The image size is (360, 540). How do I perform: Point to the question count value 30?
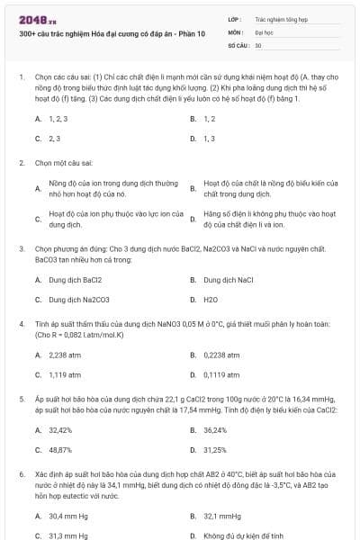pyautogui.click(x=258, y=44)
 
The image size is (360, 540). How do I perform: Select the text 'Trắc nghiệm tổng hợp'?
pyautogui.click(x=280, y=18)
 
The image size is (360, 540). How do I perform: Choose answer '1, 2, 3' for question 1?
pyautogui.click(x=59, y=118)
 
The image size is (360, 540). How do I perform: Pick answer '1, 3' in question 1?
pyautogui.click(x=209, y=139)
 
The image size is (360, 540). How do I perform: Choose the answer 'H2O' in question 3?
pyautogui.click(x=211, y=299)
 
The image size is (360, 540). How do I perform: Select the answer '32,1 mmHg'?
pyautogui.click(x=222, y=516)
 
